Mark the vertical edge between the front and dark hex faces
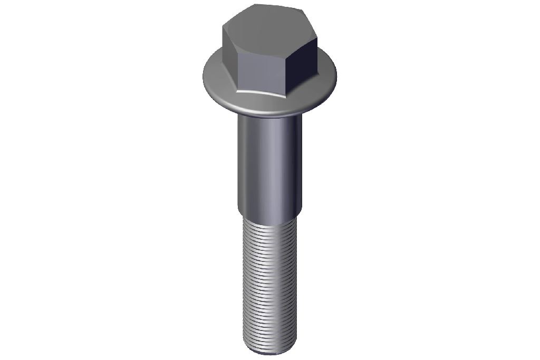[x=287, y=74]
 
